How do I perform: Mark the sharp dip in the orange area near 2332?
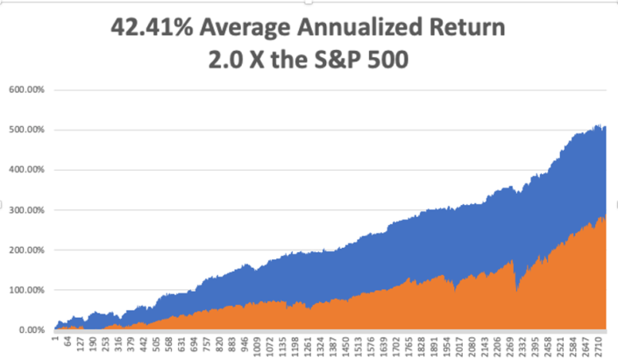click(x=517, y=290)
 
